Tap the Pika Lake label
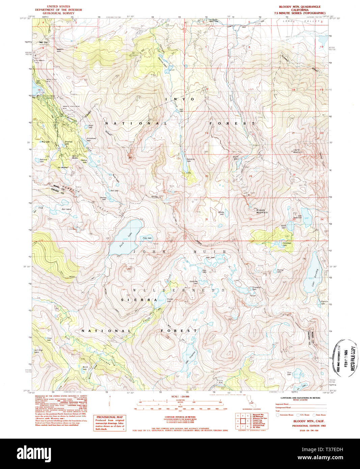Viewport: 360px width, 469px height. tap(147, 238)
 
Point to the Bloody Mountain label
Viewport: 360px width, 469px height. tap(262, 211)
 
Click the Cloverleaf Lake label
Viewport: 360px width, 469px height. tap(286, 243)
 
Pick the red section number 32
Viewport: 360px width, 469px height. tap(251, 219)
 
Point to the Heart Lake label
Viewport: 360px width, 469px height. tap(90, 127)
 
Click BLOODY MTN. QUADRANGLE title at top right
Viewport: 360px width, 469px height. tap(300, 7)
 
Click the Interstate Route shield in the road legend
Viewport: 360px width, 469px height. tap(278, 415)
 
